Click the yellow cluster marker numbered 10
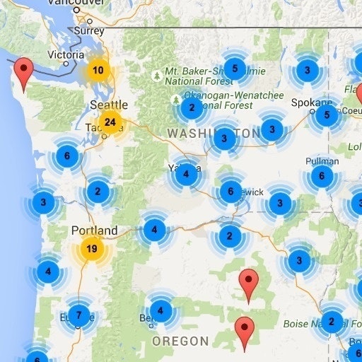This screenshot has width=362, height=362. coord(98,70)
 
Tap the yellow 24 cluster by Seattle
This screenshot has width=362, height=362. coord(110,122)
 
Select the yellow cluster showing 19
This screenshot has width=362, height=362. coord(91,248)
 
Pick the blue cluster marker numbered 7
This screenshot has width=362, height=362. coord(78,315)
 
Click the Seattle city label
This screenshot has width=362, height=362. coord(109,105)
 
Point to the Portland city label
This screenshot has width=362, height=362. coord(94,230)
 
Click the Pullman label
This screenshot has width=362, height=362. coord(322,160)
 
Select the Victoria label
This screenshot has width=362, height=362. coord(65,54)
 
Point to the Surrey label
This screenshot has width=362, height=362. coord(89,31)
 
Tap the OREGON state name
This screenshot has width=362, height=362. coord(181,341)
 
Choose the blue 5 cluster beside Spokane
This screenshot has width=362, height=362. coord(325,115)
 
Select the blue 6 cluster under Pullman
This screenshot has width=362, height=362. coord(322,176)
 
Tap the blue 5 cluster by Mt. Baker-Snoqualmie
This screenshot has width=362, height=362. coord(235,69)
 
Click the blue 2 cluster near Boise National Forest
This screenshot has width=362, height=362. coord(331,322)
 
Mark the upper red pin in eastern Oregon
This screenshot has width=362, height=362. coord(247,283)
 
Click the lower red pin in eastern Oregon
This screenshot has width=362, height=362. coord(245,331)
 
